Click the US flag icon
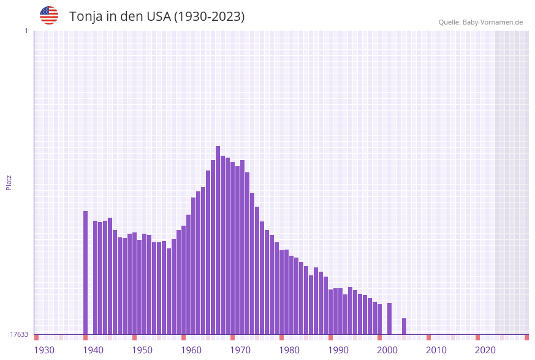coord(49,15)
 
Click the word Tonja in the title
coord(86,17)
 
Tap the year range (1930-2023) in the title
coord(209,17)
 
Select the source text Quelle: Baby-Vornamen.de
coord(480,22)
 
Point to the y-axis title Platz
coord(9,182)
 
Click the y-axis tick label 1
coord(26,31)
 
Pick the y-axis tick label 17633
coord(19,334)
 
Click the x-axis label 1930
coord(44,350)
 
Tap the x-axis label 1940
coord(93,350)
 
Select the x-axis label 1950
coord(142,350)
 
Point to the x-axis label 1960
coord(191,350)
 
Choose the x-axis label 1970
coord(240,350)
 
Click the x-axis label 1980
coord(289,350)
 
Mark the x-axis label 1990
coord(338,350)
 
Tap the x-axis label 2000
coord(387,350)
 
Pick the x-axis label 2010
coord(436,350)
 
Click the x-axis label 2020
coord(485,350)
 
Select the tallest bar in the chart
coord(218,239)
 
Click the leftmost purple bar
coord(85,273)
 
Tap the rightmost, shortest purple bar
coord(404,326)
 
